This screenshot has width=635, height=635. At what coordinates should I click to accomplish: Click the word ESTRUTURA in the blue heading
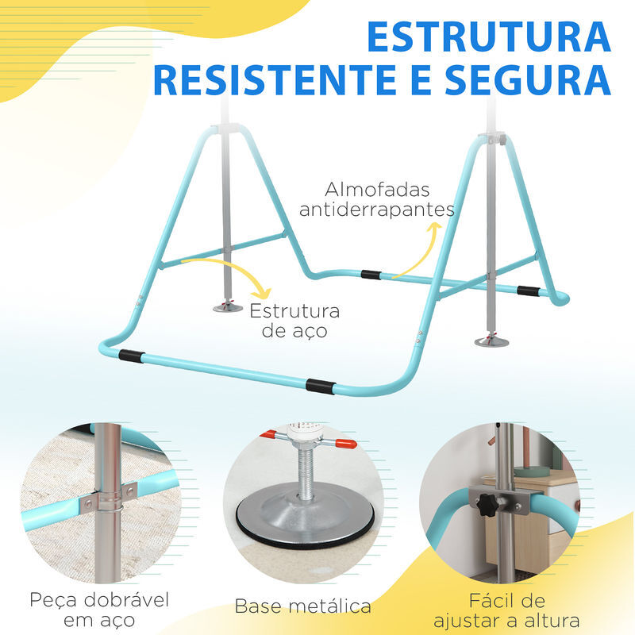(x=489, y=37)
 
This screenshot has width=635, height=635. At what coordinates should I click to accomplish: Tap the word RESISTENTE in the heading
(x=275, y=80)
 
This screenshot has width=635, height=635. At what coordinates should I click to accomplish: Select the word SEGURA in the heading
(x=528, y=80)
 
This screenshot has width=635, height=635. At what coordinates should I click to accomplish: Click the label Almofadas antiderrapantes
(x=377, y=199)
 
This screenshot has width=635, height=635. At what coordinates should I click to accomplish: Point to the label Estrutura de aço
(x=294, y=321)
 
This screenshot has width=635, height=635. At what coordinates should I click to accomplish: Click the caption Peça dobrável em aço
(x=99, y=610)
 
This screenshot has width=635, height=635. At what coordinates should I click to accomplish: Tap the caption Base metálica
(x=302, y=606)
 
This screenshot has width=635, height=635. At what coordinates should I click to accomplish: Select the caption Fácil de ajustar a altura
(x=506, y=610)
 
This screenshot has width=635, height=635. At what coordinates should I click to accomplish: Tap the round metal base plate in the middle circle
(x=305, y=514)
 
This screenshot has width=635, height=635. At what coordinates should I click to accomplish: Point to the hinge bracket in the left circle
(x=108, y=500)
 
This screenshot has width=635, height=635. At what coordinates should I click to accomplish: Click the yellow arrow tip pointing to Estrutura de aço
(x=264, y=294)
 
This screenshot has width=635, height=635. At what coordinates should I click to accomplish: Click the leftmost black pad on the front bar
(x=131, y=356)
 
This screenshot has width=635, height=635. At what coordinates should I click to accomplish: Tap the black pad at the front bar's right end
(x=321, y=386)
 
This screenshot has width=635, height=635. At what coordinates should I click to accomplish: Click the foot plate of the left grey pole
(x=228, y=308)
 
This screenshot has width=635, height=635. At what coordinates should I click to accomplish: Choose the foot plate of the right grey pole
(x=491, y=342)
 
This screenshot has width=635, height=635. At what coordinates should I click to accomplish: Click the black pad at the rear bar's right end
(x=529, y=291)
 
